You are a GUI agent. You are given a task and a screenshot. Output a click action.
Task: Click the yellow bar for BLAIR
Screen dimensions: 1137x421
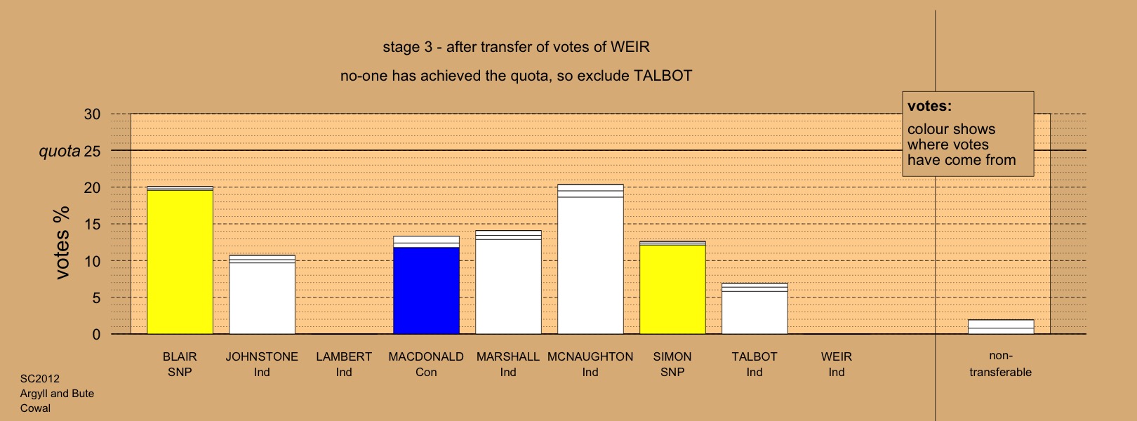[180, 260]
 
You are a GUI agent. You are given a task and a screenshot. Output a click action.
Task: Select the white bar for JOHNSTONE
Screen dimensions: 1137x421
[262, 295]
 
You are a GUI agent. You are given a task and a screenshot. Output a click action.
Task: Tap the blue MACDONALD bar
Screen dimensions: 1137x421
[427, 285]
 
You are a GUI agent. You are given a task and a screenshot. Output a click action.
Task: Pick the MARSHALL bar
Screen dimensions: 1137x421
[508, 283]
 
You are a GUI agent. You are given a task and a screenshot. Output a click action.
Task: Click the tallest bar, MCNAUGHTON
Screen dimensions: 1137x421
[590, 259]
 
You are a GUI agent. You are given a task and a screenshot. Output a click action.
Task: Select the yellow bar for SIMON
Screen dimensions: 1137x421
[672, 288]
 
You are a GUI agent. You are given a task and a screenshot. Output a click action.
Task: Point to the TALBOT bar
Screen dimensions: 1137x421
[754, 309]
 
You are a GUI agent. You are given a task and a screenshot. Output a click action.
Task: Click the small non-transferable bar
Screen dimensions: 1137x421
[1001, 327]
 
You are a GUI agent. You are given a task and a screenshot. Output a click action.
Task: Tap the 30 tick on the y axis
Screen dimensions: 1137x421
[93, 114]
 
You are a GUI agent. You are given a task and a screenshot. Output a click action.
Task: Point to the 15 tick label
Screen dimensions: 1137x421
[93, 225]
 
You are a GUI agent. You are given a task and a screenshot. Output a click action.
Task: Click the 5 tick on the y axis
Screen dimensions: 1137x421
[96, 298]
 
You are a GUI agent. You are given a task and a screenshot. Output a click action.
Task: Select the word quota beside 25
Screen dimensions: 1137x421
[60, 151]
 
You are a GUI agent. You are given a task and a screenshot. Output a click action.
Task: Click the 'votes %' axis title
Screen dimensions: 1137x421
[62, 243]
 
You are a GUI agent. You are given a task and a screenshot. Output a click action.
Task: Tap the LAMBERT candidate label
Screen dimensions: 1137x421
[344, 356]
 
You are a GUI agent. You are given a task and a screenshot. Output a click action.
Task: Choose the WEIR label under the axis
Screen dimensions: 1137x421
[837, 356]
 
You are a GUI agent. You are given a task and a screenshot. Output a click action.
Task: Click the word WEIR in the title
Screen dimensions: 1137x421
[630, 47]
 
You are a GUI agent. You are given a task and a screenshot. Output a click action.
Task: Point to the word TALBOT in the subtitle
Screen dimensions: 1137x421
[663, 76]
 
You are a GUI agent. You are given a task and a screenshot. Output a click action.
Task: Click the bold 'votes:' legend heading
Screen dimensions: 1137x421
[929, 106]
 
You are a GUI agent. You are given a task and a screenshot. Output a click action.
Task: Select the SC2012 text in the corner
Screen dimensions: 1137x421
[39, 379]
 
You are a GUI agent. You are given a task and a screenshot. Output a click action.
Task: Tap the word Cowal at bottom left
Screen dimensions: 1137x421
[35, 408]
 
